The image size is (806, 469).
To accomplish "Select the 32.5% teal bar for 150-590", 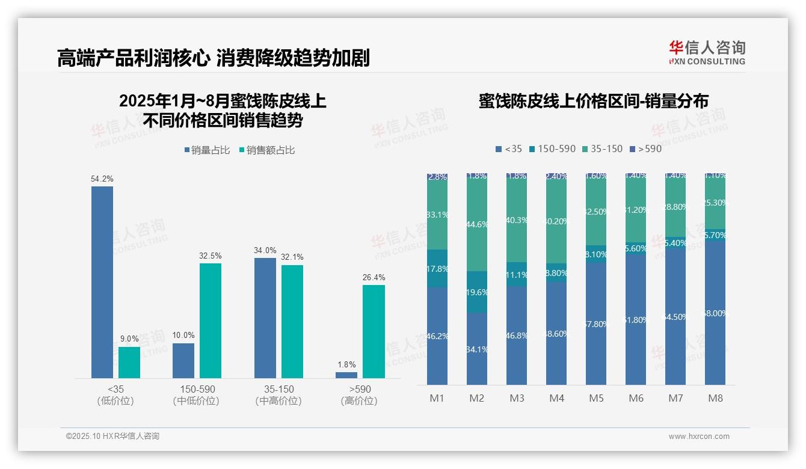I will coord(211,320).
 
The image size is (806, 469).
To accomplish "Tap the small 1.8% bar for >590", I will coord(346,375).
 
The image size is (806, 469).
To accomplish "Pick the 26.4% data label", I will coord(374,277).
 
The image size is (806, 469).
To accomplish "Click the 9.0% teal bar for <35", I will coord(129,363).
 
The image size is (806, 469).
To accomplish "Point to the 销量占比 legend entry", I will coord(207,150).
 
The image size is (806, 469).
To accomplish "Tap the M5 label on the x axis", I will coord(596,398).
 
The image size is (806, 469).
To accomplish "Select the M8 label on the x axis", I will coord(715,398).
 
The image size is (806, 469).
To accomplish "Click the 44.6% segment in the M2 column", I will coord(477,224).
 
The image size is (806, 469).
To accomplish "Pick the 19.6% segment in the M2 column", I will coord(477,292).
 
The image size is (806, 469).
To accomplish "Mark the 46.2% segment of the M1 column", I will coord(437,336).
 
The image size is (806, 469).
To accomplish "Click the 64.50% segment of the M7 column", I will coord(675,317).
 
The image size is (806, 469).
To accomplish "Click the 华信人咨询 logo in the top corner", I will coord(707,52).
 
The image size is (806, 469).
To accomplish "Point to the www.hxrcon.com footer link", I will coord(699,437).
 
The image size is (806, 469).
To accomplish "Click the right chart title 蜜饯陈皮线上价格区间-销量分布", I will coord(593,101).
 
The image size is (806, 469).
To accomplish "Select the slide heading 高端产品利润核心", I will coord(133,58).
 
